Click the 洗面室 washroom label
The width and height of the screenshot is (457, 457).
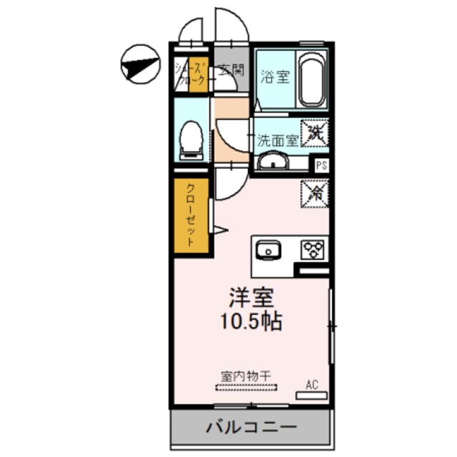coord(277,141)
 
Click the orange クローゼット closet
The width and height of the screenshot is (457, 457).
coord(191,216)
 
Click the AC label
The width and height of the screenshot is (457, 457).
coord(311,384)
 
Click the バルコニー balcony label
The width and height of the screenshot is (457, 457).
coord(251,428)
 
